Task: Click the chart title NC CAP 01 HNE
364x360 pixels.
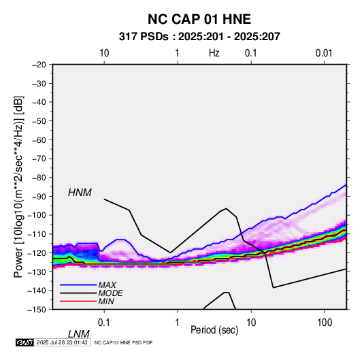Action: pyautogui.click(x=199, y=19)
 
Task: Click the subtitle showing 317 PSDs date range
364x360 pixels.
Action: pyautogui.click(x=199, y=37)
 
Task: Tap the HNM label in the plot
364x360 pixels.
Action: pyautogui.click(x=80, y=193)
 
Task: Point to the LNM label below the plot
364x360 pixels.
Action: pyautogui.click(x=78, y=334)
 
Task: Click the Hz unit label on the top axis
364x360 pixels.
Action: pyautogui.click(x=214, y=53)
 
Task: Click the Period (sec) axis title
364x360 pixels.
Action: pyautogui.click(x=214, y=330)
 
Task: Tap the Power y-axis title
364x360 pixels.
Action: pyautogui.click(x=18, y=186)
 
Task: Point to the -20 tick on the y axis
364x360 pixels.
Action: pyautogui.click(x=39, y=65)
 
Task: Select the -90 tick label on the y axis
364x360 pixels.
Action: pyautogui.click(x=39, y=196)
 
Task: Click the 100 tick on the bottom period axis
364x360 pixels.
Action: pyautogui.click(x=325, y=323)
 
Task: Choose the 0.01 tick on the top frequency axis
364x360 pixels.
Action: pyautogui.click(x=324, y=53)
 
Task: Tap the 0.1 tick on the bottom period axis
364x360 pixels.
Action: pyautogui.click(x=104, y=323)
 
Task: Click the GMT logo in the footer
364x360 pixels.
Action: pyautogui.click(x=24, y=342)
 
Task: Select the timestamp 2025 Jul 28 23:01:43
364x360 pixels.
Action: pyautogui.click(x=62, y=342)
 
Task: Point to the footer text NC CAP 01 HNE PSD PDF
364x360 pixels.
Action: pyautogui.click(x=124, y=342)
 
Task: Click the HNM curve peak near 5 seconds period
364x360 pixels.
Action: pyautogui.click(x=227, y=208)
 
